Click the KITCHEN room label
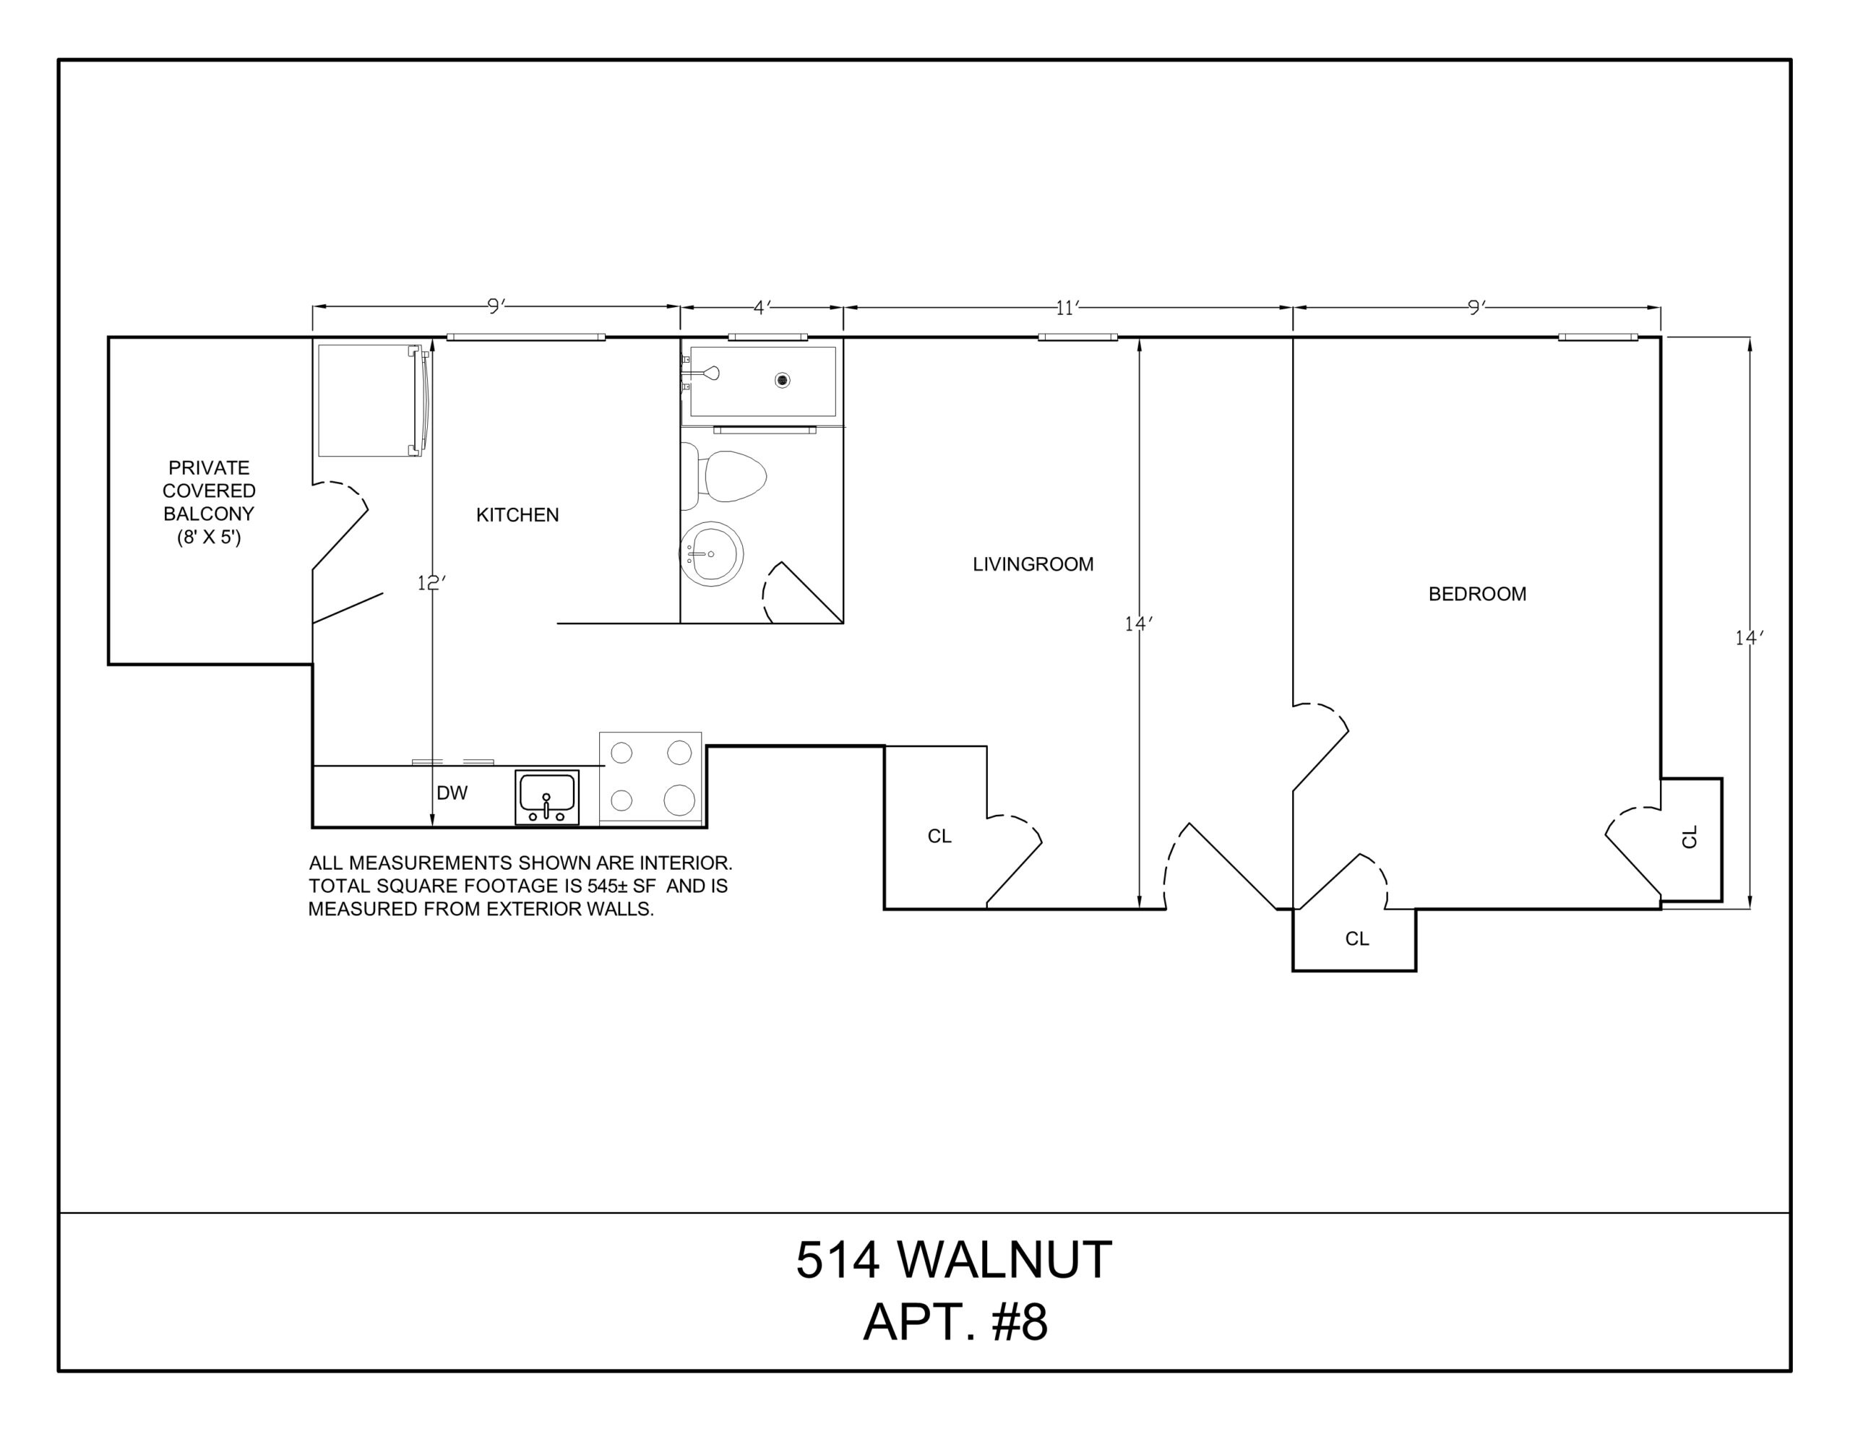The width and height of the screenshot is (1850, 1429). tap(517, 515)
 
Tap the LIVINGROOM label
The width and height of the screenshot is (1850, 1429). tap(1033, 564)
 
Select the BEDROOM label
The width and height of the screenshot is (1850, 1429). tap(1476, 594)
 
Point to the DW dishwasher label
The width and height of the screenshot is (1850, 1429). tap(452, 793)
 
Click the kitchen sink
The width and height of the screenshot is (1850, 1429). tap(546, 797)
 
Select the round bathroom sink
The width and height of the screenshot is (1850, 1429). tap(712, 554)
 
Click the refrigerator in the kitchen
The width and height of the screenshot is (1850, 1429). tap(373, 400)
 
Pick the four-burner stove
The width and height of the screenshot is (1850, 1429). tap(650, 777)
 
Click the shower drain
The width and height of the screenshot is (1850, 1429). tap(782, 380)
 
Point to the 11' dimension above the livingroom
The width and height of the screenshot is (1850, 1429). tap(1067, 308)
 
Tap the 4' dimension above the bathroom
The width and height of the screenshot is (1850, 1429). tap(762, 308)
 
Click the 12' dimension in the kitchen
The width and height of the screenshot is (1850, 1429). tap(431, 583)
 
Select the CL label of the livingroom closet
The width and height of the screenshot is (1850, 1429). tap(939, 836)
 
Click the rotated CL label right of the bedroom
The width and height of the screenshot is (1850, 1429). tap(1689, 836)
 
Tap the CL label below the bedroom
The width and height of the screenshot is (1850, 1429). tap(1357, 938)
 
